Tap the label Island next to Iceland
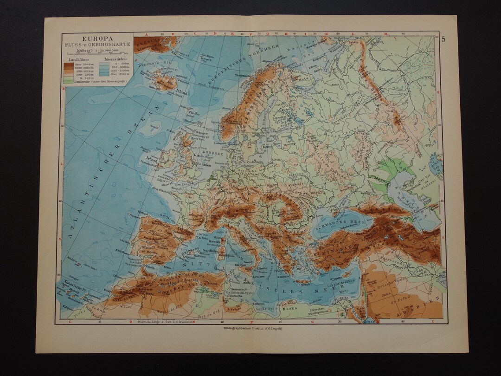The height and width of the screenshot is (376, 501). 182,92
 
